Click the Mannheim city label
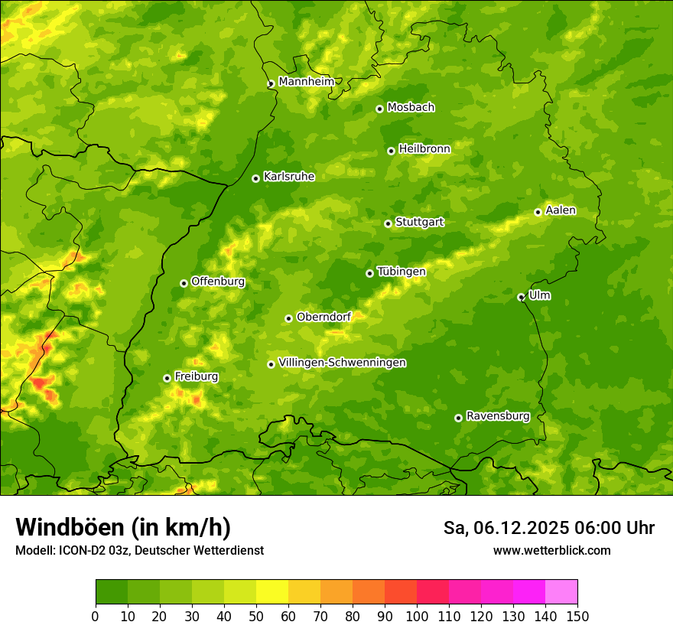[x=306, y=81]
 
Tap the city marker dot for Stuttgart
[x=388, y=223]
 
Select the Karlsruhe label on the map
[x=288, y=177]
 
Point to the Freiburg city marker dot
[x=167, y=378]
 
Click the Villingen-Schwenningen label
[x=342, y=363]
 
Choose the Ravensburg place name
[x=497, y=416]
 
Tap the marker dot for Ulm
[x=521, y=297]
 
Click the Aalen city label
[x=561, y=210]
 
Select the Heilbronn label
[x=424, y=149]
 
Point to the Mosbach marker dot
[x=379, y=109]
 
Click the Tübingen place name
[x=401, y=272]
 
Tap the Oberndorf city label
[x=323, y=317]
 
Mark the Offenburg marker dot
[x=184, y=283]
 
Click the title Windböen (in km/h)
[x=122, y=527]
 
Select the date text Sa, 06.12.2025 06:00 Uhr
[x=548, y=528]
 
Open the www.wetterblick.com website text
[x=551, y=550]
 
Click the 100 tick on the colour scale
[x=417, y=616]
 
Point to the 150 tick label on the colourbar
[x=577, y=616]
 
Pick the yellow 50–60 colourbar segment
[x=272, y=591]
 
